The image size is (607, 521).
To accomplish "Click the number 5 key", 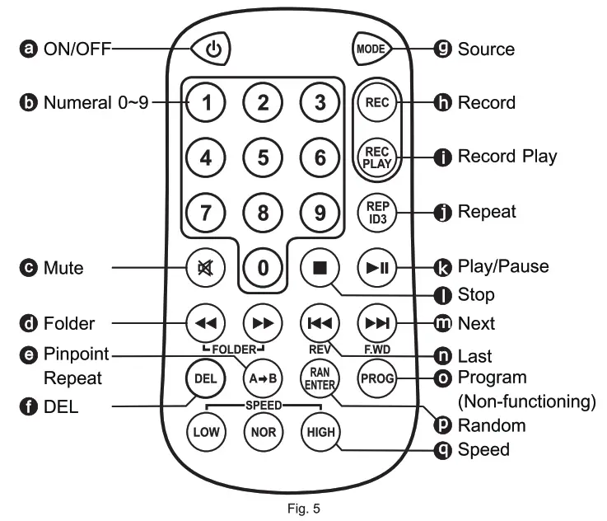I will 264,157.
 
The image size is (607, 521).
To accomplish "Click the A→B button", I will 260,379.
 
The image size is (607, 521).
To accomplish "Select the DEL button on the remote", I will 203,379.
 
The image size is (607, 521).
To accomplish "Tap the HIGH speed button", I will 320,432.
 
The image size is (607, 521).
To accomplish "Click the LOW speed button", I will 203,432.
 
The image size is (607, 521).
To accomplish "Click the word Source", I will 486,49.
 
